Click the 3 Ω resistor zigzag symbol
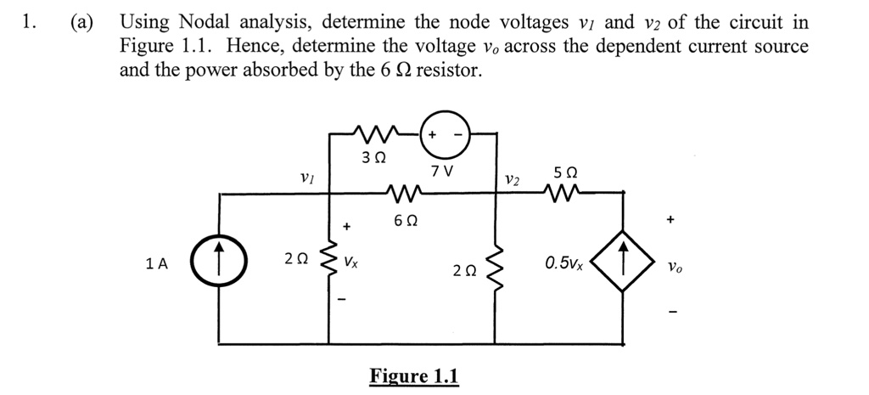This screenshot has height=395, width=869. [374, 133]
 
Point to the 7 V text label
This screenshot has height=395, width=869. [441, 171]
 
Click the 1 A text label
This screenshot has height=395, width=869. [156, 264]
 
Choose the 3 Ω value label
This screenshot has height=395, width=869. [373, 158]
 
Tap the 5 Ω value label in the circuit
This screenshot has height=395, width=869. [565, 172]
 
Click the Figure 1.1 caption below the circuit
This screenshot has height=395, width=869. [413, 375]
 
